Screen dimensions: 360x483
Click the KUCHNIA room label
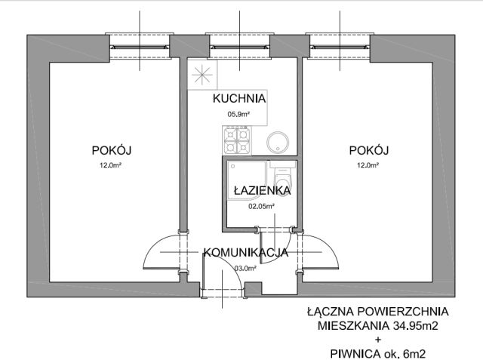click(238, 99)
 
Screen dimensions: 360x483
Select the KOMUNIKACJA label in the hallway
click(245, 253)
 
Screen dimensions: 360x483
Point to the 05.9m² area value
click(238, 114)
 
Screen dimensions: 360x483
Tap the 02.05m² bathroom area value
click(261, 205)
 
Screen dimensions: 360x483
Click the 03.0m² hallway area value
click(245, 268)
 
